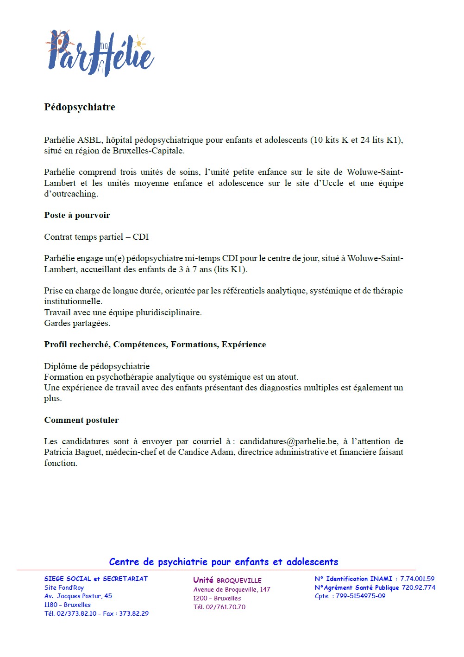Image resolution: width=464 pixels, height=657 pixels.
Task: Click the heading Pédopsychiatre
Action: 80,107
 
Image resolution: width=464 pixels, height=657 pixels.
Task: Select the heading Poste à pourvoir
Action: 77,215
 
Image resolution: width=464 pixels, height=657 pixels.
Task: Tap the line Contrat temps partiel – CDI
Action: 96,237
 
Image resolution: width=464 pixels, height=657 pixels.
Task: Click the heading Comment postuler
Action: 82,420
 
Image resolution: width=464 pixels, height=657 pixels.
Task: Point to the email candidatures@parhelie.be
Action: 288,441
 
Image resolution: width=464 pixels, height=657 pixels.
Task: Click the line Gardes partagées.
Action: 77,323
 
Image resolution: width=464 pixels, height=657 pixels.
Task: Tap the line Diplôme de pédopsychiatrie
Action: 97,366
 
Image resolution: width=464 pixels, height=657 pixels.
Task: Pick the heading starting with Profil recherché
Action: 155,344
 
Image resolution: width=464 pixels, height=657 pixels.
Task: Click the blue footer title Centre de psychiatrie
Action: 224,562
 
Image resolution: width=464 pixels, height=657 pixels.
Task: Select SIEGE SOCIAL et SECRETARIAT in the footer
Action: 96,579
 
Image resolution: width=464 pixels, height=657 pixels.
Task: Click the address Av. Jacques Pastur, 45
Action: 78,596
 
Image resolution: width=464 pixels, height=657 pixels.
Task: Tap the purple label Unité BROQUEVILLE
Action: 227,580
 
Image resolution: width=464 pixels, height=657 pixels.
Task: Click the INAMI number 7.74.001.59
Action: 417,579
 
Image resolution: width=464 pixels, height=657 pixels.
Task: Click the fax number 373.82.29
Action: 134,613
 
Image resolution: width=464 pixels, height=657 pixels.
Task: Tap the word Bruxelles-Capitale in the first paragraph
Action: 148,151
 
